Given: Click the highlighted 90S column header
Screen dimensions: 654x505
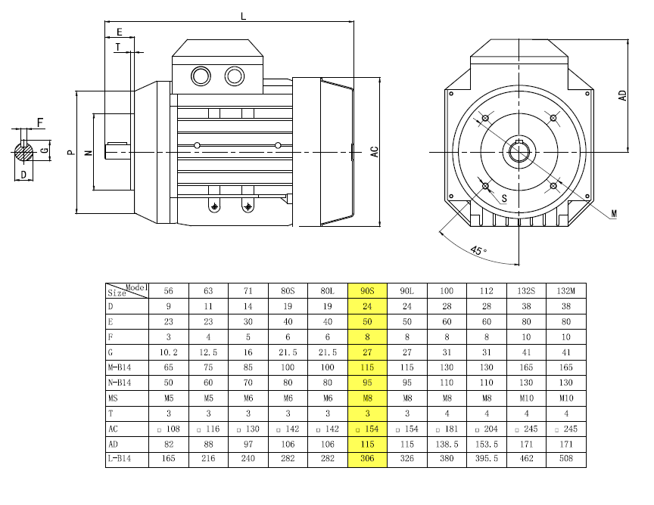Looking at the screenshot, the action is (367, 291).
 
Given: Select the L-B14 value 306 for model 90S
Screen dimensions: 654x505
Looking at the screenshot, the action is (367, 459).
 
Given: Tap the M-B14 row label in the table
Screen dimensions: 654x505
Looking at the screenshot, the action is (120, 367).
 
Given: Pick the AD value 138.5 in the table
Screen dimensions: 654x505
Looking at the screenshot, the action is (447, 445).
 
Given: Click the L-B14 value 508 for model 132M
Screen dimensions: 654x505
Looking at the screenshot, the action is (566, 459).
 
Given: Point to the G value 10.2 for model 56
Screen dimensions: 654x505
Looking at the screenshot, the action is (169, 352).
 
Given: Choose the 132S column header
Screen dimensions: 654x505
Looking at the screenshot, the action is (526, 291).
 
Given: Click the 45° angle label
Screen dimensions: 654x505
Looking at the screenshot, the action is (478, 250).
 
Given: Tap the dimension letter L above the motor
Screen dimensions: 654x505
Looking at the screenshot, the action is (243, 17).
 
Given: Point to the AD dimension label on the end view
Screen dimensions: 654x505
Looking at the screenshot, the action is (622, 95).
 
